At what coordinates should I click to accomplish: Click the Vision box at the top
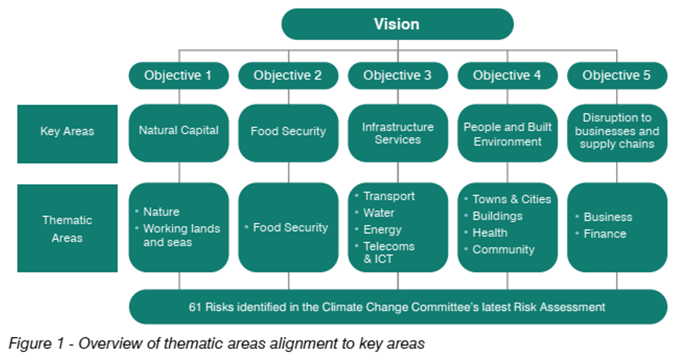(397, 24)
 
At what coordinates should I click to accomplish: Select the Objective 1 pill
(179, 76)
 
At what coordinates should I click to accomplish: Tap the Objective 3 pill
(398, 76)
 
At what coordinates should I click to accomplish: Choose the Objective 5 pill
(617, 76)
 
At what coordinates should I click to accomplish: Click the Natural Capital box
(179, 133)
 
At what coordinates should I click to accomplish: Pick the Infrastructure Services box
(398, 133)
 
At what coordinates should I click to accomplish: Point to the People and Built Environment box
(507, 133)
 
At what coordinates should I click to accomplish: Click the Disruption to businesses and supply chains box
(617, 133)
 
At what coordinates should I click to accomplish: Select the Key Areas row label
(68, 134)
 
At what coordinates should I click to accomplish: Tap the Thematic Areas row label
(68, 228)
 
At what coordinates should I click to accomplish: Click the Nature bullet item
(161, 212)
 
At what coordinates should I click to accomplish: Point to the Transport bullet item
(389, 196)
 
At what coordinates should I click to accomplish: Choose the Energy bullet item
(382, 230)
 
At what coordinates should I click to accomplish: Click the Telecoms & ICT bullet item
(389, 252)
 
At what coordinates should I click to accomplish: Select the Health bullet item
(490, 233)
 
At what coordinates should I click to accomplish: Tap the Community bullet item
(503, 250)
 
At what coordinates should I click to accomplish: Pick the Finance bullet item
(604, 234)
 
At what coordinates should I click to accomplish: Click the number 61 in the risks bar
(195, 307)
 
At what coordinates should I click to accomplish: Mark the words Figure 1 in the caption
(36, 344)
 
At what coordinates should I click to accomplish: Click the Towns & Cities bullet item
(512, 200)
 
